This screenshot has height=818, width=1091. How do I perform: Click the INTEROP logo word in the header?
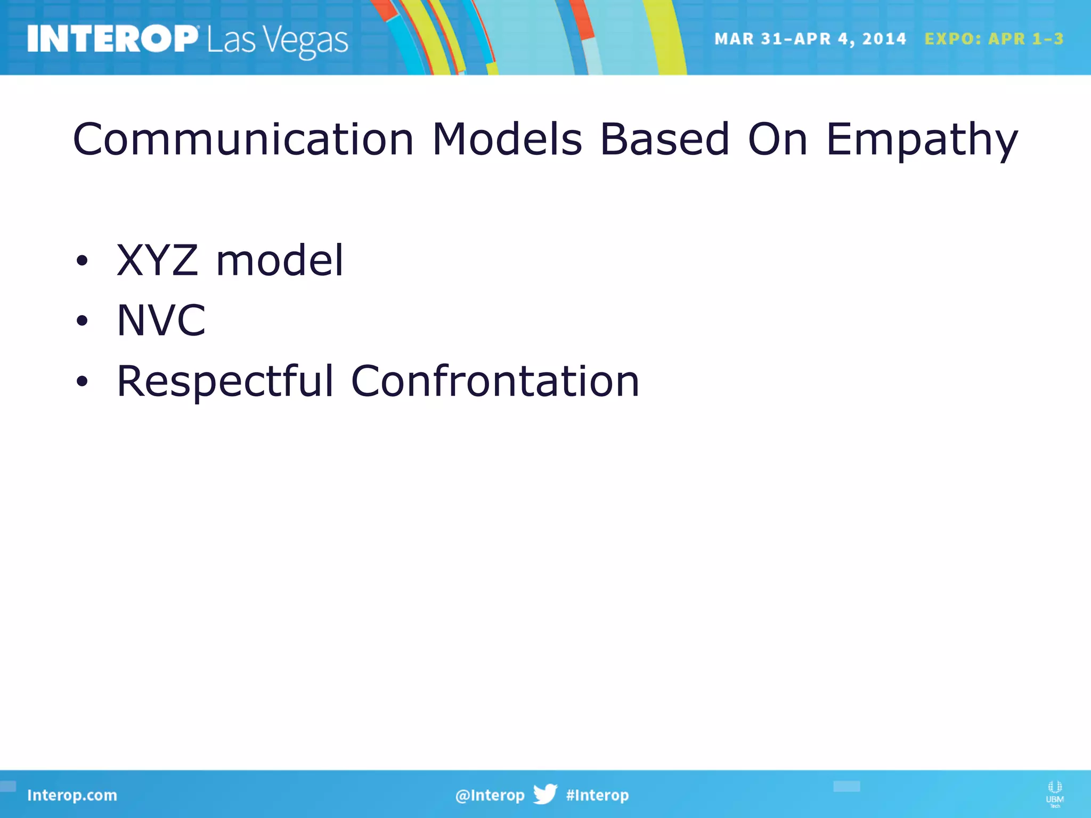112,39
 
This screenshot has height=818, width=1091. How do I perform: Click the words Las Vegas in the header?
278,41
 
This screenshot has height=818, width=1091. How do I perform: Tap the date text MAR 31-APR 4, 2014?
810,39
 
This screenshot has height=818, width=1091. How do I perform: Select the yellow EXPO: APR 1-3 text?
994,39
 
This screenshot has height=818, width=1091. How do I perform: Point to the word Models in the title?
507,140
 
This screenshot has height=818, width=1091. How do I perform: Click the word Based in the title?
664,140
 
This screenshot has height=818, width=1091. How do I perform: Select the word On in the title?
778,140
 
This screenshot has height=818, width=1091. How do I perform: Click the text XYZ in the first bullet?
157,260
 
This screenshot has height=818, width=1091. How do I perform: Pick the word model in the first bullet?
280,260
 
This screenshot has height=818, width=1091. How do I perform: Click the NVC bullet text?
161,321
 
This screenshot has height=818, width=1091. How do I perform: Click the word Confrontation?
495,381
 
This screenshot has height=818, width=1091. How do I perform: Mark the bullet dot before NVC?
82,321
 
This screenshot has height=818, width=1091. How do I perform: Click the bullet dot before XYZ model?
82,261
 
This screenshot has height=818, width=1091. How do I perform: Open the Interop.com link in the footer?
72,795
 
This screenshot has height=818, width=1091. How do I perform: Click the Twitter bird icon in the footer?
545,794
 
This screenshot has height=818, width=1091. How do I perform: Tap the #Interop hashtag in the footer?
597,795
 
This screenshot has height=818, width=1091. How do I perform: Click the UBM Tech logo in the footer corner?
1054,794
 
